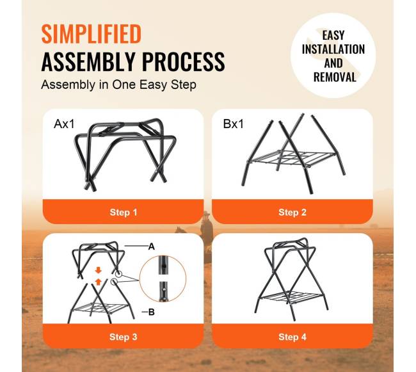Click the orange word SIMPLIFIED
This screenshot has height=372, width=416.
(x=91, y=34)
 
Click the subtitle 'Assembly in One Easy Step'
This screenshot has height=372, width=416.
(x=118, y=85)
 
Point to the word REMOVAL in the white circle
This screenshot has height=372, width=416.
(x=335, y=77)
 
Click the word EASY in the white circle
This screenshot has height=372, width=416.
(x=333, y=35)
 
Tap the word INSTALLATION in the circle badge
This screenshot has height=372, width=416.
(x=333, y=49)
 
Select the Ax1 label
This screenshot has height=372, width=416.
(x=64, y=124)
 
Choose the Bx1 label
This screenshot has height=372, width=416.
(x=233, y=124)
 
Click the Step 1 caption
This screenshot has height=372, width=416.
(x=124, y=213)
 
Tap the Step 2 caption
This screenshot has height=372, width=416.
(x=292, y=213)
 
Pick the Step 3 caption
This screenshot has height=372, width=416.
(x=124, y=337)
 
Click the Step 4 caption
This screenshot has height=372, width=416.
(x=292, y=337)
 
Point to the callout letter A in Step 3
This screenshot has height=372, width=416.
(x=152, y=247)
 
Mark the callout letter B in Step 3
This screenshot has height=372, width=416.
(x=152, y=312)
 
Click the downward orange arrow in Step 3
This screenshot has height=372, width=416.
(x=99, y=270)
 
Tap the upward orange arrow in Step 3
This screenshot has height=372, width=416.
(x=99, y=282)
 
